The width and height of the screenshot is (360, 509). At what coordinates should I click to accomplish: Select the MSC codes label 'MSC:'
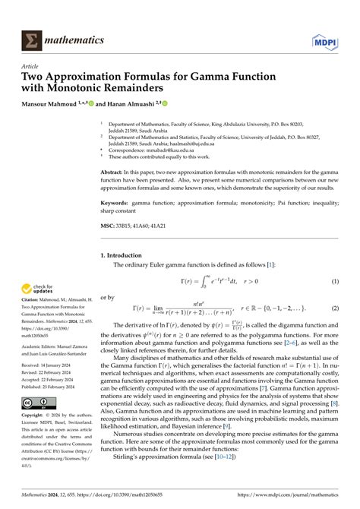[x=108, y=226]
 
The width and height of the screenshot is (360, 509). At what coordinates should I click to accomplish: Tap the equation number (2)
[x=334, y=308]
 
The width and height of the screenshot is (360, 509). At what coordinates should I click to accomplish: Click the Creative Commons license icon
[x=36, y=402]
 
